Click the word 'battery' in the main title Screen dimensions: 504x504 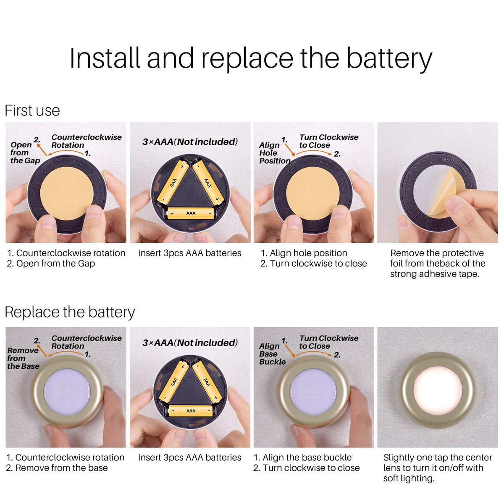tap(389, 58)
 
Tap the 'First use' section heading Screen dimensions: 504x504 tap(32, 110)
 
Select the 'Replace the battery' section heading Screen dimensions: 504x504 tap(70, 312)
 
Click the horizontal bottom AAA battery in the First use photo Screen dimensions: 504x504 tap(191, 213)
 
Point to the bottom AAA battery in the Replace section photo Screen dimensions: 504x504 tap(191, 411)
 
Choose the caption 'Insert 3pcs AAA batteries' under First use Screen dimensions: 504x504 tap(189, 253)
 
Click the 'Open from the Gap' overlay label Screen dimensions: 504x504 tap(25, 153)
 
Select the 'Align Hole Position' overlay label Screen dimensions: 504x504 tap(275, 153)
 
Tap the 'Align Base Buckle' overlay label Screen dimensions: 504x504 tap(272, 354)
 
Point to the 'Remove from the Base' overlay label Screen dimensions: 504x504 tap(23, 358)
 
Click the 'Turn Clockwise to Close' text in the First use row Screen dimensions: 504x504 tap(329, 141)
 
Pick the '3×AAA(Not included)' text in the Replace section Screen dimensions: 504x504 tap(190, 343)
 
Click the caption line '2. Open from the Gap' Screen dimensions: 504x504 tap(51, 264)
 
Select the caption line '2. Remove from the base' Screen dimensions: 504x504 tap(57, 468)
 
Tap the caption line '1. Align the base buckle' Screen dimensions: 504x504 tap(302, 457)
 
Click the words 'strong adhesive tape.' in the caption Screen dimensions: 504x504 tap(434, 274)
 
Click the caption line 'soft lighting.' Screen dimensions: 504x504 tap(409, 478)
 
